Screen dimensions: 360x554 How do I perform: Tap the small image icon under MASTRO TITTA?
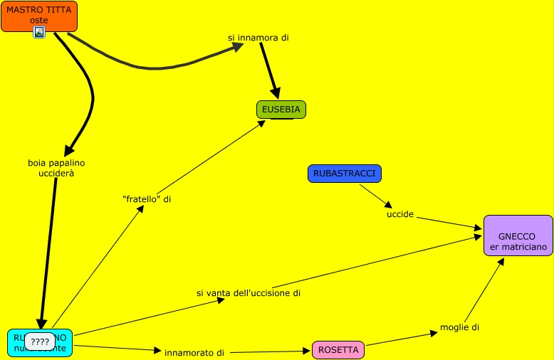[39, 32]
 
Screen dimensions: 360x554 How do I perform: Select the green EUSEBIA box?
[281, 110]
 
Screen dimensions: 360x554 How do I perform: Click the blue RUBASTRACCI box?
[345, 174]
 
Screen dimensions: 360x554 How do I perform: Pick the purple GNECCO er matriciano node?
[518, 235]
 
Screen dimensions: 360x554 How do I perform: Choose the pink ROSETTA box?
[338, 350]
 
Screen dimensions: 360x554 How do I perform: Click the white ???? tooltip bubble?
[40, 342]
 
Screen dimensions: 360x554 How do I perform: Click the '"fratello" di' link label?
[147, 199]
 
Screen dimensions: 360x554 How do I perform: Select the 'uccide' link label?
[400, 214]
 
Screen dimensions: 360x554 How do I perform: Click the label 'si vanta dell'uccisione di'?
[249, 292]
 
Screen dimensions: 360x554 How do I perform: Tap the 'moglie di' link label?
[460, 327]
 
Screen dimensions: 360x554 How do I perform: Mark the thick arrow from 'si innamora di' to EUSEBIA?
[269, 70]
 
